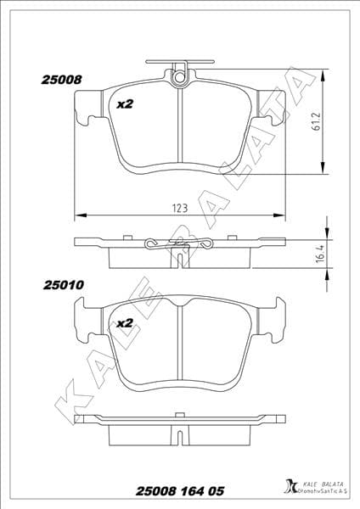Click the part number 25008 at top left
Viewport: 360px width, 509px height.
(61, 80)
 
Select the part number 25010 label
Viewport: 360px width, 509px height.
(61, 286)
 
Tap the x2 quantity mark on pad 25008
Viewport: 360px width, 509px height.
(125, 104)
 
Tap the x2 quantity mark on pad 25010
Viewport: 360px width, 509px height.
(125, 323)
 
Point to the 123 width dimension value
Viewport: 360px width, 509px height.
(179, 205)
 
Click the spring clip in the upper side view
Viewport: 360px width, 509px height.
(179, 245)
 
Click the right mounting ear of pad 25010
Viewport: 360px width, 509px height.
(274, 317)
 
